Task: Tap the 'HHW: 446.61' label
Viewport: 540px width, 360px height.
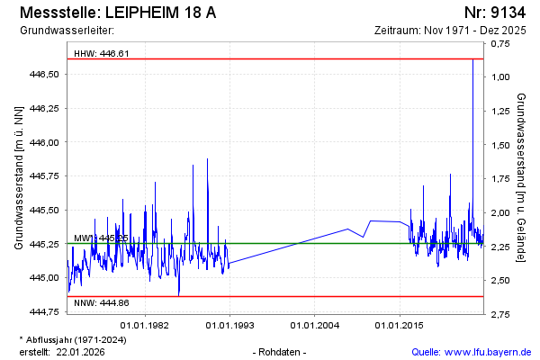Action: (x=102, y=53)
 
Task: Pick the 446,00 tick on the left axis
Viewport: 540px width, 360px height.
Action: (x=45, y=142)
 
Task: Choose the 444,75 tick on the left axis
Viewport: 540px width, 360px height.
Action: (x=45, y=311)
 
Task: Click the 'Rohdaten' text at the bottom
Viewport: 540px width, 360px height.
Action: (x=282, y=351)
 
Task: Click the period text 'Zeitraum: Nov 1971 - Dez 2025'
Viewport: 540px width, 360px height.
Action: (x=449, y=31)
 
